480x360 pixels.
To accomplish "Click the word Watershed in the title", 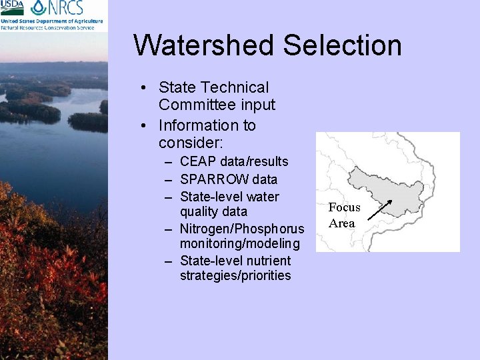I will (203, 45).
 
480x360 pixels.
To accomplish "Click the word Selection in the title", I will (342, 45).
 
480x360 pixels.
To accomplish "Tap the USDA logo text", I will (12, 7).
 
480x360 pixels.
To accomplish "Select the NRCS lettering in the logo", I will (67, 8).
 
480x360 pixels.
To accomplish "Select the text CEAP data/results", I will (234, 161).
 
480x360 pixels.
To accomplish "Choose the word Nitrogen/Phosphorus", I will (242, 229).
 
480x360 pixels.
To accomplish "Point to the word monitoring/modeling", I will (240, 243).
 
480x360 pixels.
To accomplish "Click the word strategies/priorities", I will (235, 275).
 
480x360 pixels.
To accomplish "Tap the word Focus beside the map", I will (344, 207).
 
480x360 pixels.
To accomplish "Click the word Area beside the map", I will (342, 223).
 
